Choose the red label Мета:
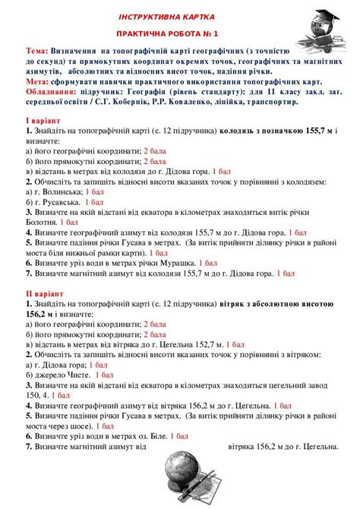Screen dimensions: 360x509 pos(37,81)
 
